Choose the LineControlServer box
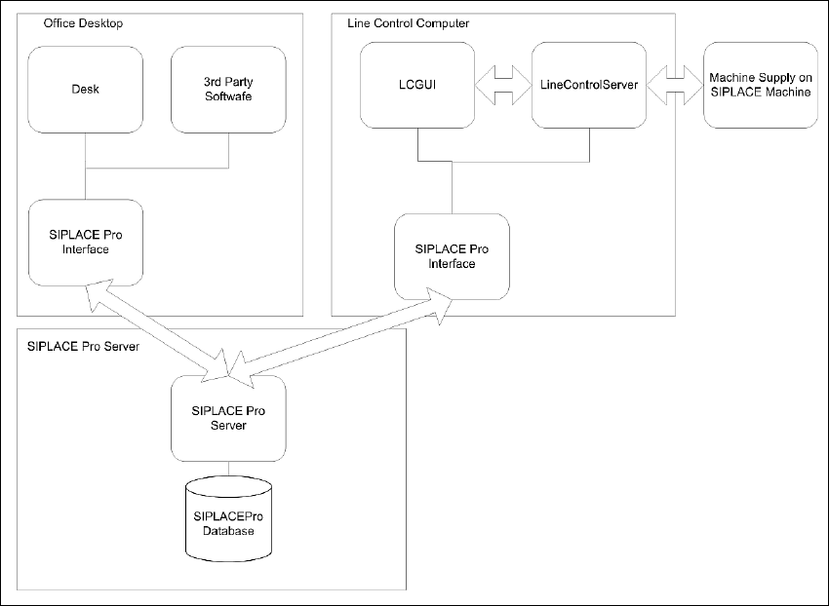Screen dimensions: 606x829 pyautogui.click(x=588, y=86)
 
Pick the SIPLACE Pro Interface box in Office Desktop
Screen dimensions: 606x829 pyautogui.click(x=86, y=242)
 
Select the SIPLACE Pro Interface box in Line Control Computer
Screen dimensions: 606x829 pyautogui.click(x=452, y=256)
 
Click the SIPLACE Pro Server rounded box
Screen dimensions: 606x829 pyautogui.click(x=228, y=418)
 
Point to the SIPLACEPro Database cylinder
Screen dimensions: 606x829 pyautogui.click(x=228, y=522)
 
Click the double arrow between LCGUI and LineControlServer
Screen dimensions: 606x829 pyautogui.click(x=502, y=85)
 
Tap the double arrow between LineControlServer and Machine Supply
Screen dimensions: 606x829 pyautogui.click(x=674, y=85)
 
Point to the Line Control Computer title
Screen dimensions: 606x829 pyautogui.click(x=408, y=22)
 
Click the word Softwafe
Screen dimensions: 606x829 pyautogui.click(x=228, y=96)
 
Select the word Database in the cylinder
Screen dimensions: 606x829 pyautogui.click(x=228, y=531)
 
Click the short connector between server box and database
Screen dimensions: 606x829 pyautogui.click(x=228, y=469)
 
